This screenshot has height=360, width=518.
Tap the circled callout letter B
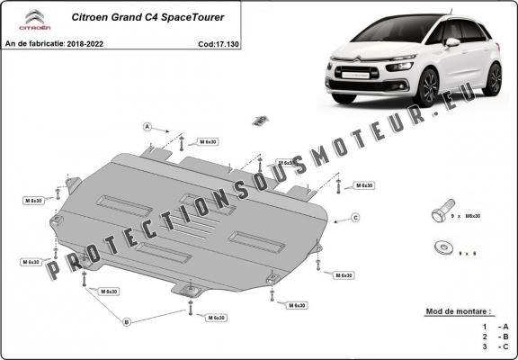[x=127, y=321]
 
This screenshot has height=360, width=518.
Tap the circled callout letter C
[x=355, y=218]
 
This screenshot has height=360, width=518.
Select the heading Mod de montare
[x=459, y=311]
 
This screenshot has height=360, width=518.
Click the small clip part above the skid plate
[x=260, y=120]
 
